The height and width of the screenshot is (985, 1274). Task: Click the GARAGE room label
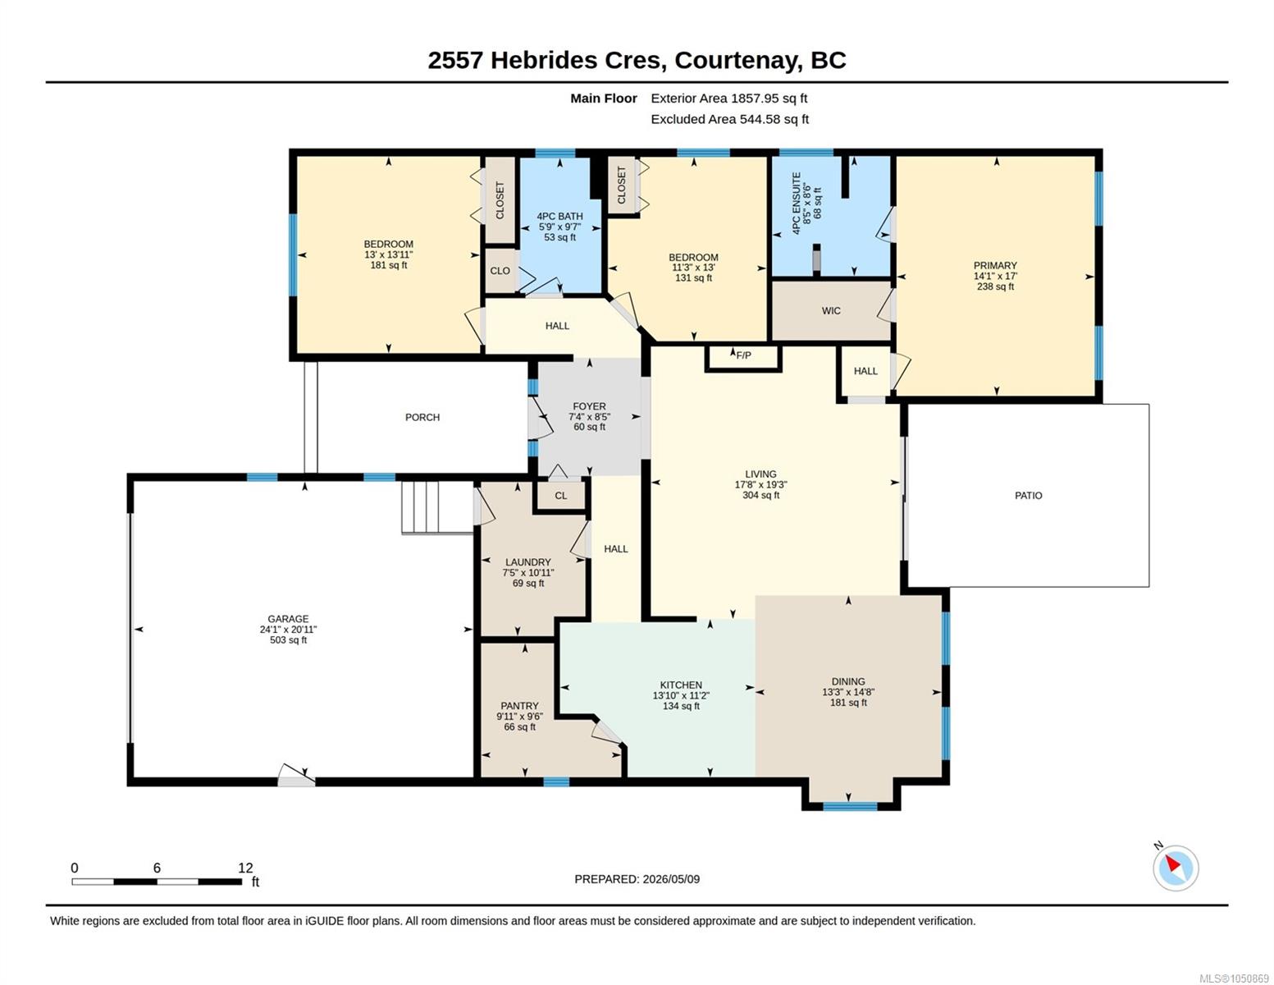[x=288, y=618]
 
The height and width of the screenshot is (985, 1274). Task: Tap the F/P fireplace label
[x=743, y=355]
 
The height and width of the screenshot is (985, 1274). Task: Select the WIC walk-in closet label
[x=831, y=311]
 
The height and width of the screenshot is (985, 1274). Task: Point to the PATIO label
[x=1029, y=496]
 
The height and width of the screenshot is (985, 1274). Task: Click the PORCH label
[x=422, y=417]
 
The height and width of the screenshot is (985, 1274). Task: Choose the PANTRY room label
[x=519, y=706]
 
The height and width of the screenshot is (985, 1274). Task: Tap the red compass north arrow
[x=1173, y=863]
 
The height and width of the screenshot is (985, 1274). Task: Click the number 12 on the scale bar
[x=245, y=868]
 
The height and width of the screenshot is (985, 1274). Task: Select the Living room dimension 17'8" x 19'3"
[x=761, y=484]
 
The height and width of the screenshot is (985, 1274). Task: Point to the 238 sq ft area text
[x=995, y=286]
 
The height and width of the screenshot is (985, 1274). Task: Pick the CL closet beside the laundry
[x=561, y=496]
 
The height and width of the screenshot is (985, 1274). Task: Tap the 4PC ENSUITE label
[x=797, y=204]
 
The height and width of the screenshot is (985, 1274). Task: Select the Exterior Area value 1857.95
[x=756, y=98]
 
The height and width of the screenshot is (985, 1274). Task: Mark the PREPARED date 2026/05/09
[x=671, y=879]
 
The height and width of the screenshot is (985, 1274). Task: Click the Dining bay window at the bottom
[x=850, y=807]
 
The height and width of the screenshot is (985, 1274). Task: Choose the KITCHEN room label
[x=681, y=685]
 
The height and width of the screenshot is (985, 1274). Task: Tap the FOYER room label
[x=589, y=406]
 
